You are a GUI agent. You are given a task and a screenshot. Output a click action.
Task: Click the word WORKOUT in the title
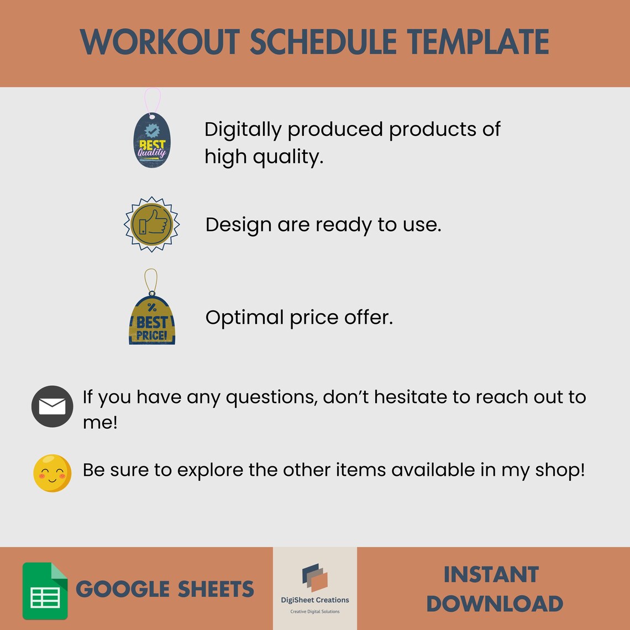pos(160,41)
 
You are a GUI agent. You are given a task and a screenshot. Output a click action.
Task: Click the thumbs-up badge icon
pos(151,224)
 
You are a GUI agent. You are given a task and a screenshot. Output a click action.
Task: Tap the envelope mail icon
pos(53,407)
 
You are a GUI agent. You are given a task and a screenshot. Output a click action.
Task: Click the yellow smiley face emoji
pos(53,473)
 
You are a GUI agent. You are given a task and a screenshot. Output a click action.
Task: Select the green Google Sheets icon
pos(45,591)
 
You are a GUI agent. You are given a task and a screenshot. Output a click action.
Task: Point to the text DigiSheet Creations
pos(315,600)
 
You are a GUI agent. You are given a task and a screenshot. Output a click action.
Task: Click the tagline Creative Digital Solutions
pos(315,612)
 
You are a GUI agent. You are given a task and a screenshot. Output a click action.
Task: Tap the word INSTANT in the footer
pos(491,575)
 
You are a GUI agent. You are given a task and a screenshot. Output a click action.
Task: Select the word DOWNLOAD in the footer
pos(495,603)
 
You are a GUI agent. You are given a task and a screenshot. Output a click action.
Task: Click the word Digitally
pos(243,130)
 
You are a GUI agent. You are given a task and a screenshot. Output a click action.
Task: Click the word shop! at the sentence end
pos(560,470)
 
